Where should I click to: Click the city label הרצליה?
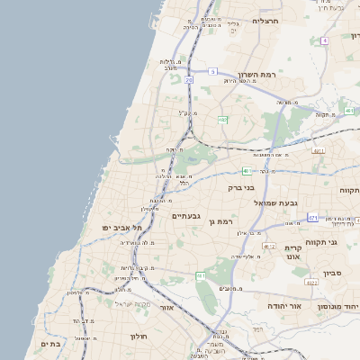tap(266, 20)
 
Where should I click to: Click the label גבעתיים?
tap(185, 216)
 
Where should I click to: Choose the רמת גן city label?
tap(220, 220)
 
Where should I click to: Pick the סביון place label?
tap(332, 271)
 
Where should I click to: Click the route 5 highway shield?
tap(212, 70)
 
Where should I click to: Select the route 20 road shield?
tap(189, 80)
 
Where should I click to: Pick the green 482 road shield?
tap(222, 120)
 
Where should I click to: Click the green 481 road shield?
tap(246, 170)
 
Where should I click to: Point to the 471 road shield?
tap(312, 218)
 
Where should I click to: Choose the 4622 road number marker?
tap(267, 246)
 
